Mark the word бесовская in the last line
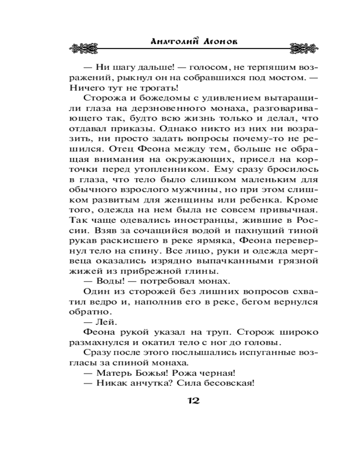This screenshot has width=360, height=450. (233, 384)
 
